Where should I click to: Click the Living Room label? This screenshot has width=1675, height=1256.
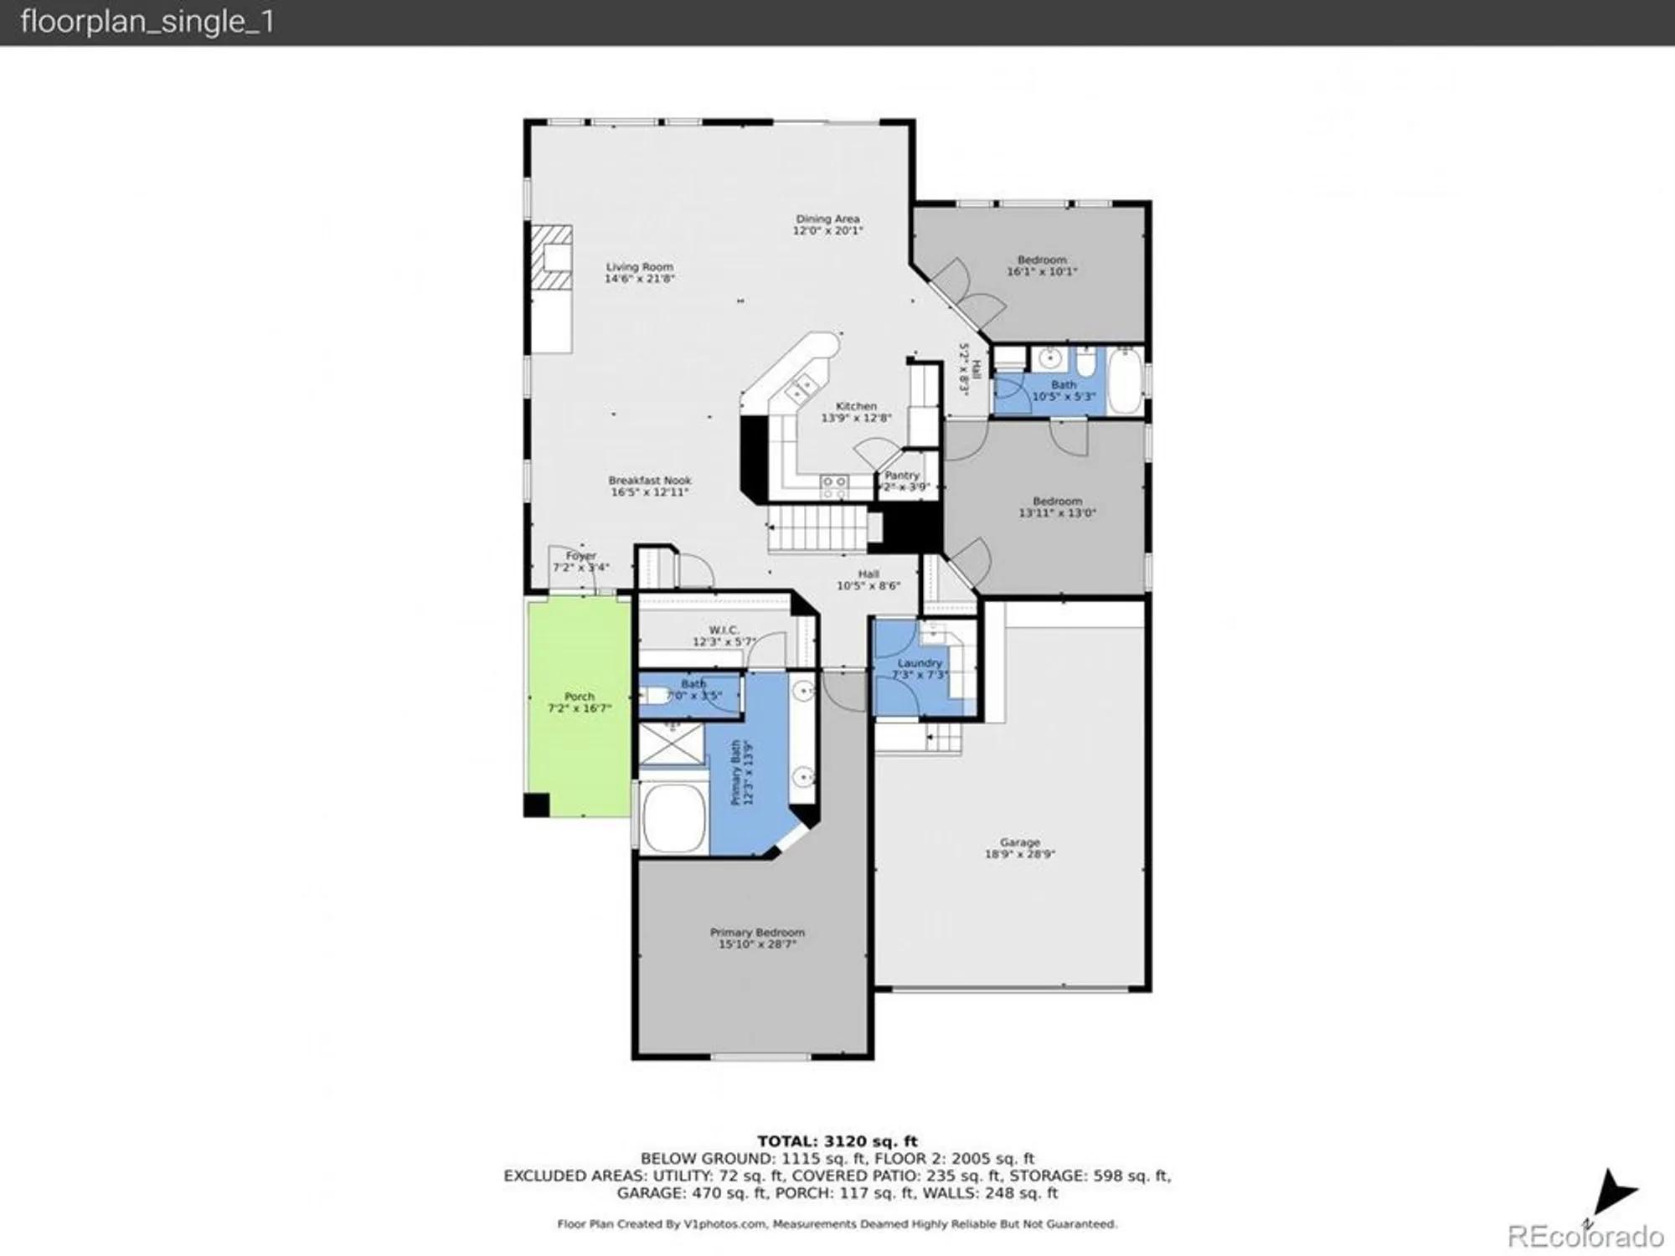tap(640, 267)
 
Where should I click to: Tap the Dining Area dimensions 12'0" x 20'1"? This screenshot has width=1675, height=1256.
tap(827, 231)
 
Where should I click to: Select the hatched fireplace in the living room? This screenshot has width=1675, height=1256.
tap(552, 257)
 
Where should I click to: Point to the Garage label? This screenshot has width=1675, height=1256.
tap(1019, 842)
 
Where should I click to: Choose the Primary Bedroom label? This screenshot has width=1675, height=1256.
tap(757, 932)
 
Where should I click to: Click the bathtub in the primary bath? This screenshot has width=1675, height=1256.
tap(673, 818)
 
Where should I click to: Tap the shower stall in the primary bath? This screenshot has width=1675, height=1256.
tap(672, 744)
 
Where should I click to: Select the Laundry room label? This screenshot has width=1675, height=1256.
tap(920, 662)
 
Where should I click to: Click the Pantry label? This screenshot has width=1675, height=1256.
tap(902, 475)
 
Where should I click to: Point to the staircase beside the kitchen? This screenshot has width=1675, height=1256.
tap(817, 528)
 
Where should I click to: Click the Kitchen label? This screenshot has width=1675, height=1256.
tap(856, 406)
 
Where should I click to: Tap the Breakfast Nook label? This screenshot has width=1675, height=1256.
tap(650, 481)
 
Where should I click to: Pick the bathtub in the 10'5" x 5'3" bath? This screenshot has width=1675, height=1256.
tap(1124, 381)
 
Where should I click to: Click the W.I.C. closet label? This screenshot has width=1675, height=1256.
tap(724, 630)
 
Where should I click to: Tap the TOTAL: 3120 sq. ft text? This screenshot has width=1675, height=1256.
tap(837, 1141)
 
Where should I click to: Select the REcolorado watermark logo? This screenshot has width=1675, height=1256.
tap(1585, 1236)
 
